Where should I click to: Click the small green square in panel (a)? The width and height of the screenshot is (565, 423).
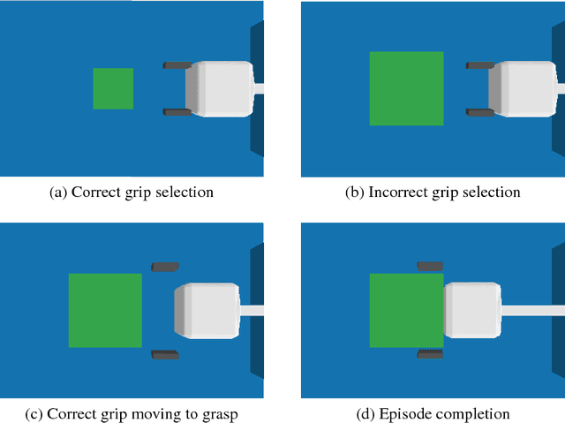(x=113, y=88)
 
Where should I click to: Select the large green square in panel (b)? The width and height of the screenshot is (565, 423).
(x=406, y=88)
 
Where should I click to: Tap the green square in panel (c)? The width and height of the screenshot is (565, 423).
(x=105, y=310)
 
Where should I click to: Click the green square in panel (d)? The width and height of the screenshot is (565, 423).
(x=405, y=310)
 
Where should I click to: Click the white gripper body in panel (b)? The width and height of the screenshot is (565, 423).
(x=523, y=88)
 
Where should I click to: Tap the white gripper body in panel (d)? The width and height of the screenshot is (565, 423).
(x=472, y=310)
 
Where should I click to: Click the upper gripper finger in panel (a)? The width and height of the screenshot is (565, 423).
(x=177, y=65)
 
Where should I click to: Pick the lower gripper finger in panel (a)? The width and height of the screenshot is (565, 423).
(x=177, y=112)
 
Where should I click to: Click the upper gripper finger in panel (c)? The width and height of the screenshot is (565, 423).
(x=165, y=266)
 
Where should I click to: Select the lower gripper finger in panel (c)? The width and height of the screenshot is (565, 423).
(x=165, y=354)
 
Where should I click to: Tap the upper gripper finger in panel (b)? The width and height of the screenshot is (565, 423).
(x=480, y=65)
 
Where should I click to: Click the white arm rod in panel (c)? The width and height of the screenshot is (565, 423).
(x=252, y=310)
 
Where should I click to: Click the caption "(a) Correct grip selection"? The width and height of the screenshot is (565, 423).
(x=132, y=192)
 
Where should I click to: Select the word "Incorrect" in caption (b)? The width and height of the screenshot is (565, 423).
(x=397, y=192)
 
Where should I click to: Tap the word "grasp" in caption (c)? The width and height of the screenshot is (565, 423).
(x=218, y=413)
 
